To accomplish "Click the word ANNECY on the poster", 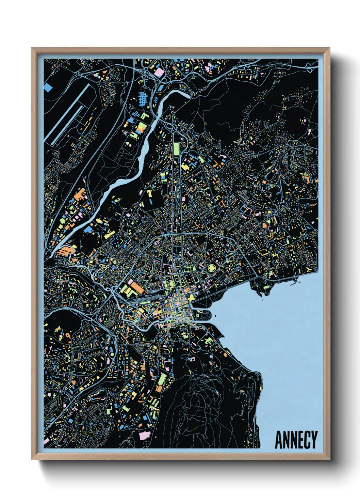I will [296, 440].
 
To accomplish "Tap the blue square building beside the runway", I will [48, 88].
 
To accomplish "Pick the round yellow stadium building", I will [212, 268].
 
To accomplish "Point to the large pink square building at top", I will [159, 72].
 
